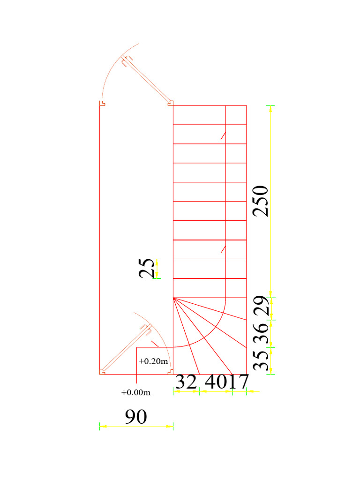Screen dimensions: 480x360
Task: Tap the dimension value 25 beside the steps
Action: pos(147,268)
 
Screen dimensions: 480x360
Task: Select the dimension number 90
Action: pos(136,417)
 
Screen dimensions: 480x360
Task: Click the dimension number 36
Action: pos(261,333)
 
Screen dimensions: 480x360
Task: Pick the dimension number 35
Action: pos(261,360)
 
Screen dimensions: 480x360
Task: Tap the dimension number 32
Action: pos(186,382)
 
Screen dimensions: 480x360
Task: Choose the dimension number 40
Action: pos(216,382)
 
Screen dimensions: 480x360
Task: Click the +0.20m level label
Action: pos(153,361)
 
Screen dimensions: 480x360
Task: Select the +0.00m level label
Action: pos(136,392)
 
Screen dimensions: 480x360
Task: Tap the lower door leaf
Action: pos(124,349)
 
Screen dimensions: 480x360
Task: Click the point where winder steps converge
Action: pos(173,298)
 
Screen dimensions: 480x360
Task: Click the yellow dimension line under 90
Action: pos(136,426)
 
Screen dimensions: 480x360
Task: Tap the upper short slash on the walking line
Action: pos(224,135)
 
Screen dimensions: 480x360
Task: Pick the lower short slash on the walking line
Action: pos(224,249)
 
